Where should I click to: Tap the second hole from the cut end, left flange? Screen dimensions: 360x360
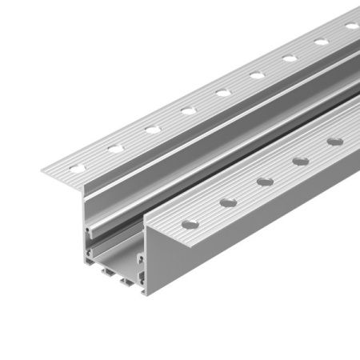114,147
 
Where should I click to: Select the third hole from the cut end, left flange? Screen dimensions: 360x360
150,128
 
